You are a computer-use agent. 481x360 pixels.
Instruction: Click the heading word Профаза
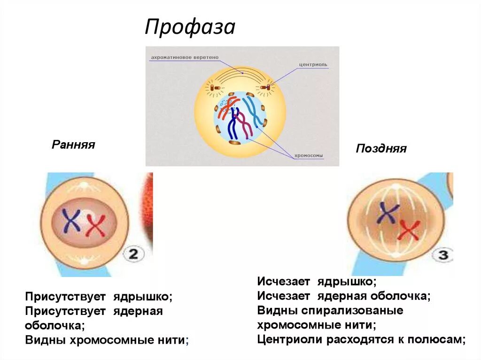click(190, 27)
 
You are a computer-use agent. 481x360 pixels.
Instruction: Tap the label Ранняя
click(73, 145)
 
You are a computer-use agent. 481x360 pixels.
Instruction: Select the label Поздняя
click(381, 149)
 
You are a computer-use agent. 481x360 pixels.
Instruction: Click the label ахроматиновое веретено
click(185, 58)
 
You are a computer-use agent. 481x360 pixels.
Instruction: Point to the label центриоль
click(313, 64)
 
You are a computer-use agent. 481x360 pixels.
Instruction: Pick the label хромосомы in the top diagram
click(309, 156)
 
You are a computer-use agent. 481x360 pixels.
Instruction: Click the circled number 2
click(133, 255)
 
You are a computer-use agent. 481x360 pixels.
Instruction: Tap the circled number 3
click(443, 256)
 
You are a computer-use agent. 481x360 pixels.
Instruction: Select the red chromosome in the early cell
click(96, 225)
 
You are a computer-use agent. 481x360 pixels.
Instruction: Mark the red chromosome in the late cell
click(409, 231)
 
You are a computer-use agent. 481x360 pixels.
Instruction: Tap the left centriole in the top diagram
click(213, 87)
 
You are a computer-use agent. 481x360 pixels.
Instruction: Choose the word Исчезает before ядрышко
click(283, 282)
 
